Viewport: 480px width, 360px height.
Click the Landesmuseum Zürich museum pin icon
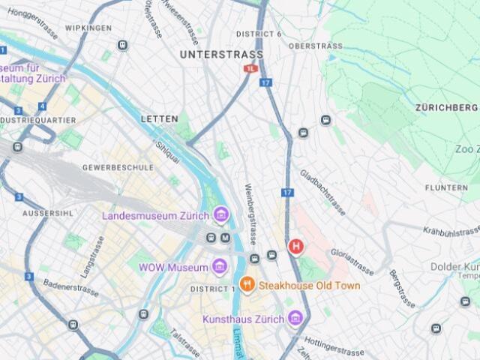(220, 216)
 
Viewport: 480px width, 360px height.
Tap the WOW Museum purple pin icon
(219, 267)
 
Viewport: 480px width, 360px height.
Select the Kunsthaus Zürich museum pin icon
(295, 319)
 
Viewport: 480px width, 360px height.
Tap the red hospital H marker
(297, 246)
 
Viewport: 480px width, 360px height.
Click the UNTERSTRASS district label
(221, 55)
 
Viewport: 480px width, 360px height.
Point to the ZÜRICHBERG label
(446, 108)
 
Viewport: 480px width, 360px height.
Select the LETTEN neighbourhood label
(160, 118)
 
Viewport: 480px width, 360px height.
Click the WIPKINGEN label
(88, 28)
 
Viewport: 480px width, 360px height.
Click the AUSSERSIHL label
(47, 213)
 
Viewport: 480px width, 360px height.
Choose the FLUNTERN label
(446, 187)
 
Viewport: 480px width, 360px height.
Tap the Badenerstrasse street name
(71, 284)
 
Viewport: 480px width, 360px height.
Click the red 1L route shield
(250, 68)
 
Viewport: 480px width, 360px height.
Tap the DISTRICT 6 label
(259, 34)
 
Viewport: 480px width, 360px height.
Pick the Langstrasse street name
(91, 255)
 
